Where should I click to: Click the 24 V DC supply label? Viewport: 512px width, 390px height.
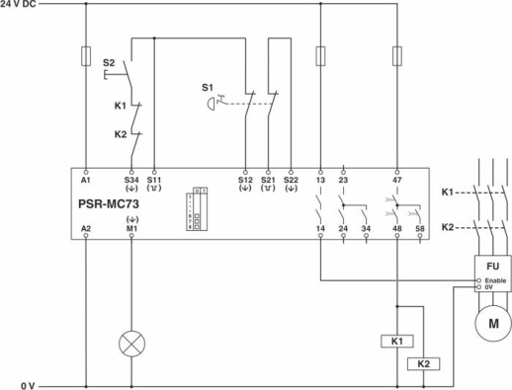click(20, 5)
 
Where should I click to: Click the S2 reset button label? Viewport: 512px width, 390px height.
click(109, 61)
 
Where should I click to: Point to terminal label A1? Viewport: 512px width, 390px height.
click(86, 180)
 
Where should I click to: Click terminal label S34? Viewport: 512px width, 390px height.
click(131, 180)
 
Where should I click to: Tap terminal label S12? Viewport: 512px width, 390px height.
click(245, 180)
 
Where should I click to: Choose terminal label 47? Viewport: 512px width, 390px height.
click(397, 180)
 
